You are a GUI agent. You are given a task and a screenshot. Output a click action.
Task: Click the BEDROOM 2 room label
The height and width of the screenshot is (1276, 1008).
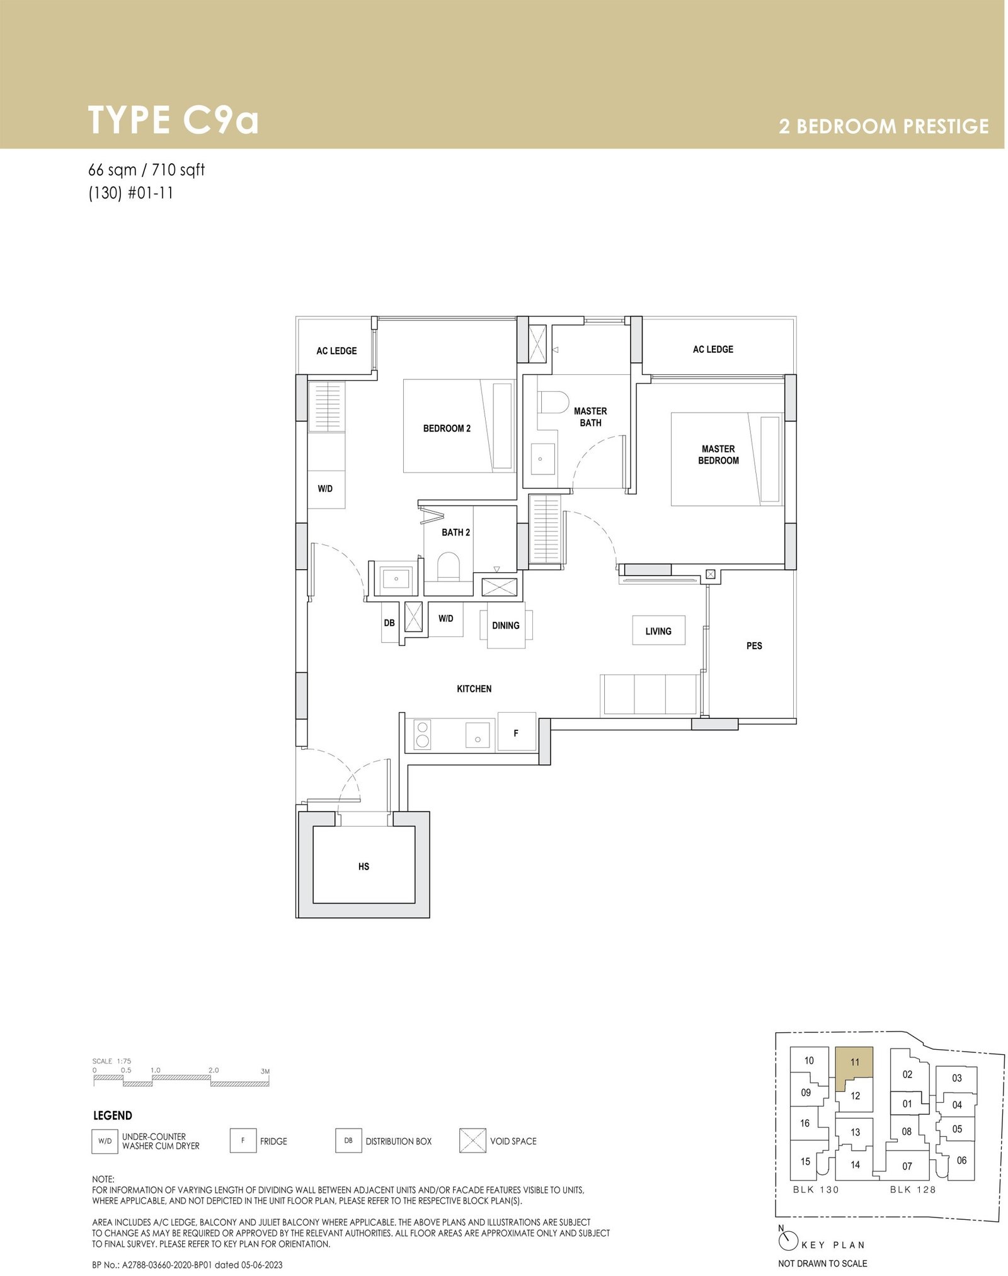447,428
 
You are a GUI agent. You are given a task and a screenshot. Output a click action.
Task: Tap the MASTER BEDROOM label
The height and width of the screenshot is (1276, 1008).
718,454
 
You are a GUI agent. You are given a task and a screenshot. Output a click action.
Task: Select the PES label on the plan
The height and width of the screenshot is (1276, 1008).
754,646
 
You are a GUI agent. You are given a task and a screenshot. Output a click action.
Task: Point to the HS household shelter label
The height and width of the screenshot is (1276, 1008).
364,866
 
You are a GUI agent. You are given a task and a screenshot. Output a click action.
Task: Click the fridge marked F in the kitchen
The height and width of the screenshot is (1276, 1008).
517,732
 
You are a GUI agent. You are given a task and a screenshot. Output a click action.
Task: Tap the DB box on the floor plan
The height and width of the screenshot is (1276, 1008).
389,623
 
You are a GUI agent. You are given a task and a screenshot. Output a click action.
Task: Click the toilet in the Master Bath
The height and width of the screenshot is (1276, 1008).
553,401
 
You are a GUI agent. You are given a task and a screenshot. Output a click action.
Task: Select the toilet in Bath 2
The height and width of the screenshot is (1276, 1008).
449,566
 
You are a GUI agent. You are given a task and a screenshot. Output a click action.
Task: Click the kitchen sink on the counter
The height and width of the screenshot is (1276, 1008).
478,735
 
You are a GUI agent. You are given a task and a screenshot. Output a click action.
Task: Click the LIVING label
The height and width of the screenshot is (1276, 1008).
658,631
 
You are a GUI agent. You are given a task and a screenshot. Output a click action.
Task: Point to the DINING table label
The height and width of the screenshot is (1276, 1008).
506,626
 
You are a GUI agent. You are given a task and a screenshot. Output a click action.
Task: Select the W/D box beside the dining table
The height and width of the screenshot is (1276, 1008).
446,619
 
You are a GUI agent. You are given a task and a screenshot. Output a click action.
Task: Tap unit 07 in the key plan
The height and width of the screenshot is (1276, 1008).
907,1166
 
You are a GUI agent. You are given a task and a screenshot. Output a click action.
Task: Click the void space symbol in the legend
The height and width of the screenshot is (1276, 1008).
472,1141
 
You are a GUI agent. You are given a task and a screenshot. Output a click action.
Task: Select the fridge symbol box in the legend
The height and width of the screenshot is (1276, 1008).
243,1141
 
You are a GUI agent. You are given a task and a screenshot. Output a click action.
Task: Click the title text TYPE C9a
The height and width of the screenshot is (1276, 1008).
173,120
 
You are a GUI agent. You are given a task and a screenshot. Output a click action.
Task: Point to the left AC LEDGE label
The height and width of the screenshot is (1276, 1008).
336,351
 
